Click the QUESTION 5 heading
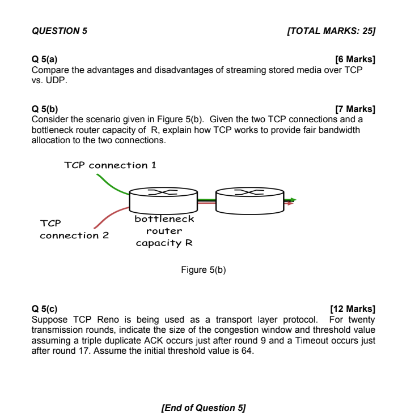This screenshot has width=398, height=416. (x=60, y=32)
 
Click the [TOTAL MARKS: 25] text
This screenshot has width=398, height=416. (x=332, y=32)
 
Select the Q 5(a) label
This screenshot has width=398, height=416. (x=44, y=59)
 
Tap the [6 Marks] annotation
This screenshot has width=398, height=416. (x=355, y=59)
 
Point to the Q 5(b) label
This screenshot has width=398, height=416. (x=44, y=109)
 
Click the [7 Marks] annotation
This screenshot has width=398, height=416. (x=355, y=109)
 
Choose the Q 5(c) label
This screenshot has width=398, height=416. (x=44, y=309)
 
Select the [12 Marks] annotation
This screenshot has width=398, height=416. (x=352, y=309)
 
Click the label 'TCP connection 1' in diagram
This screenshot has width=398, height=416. (x=110, y=165)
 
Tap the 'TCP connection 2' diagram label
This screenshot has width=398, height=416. (x=73, y=229)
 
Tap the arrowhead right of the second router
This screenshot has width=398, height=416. (x=292, y=200)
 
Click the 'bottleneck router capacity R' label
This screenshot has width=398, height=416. (x=164, y=231)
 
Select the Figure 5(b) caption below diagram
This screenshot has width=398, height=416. (x=204, y=270)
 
